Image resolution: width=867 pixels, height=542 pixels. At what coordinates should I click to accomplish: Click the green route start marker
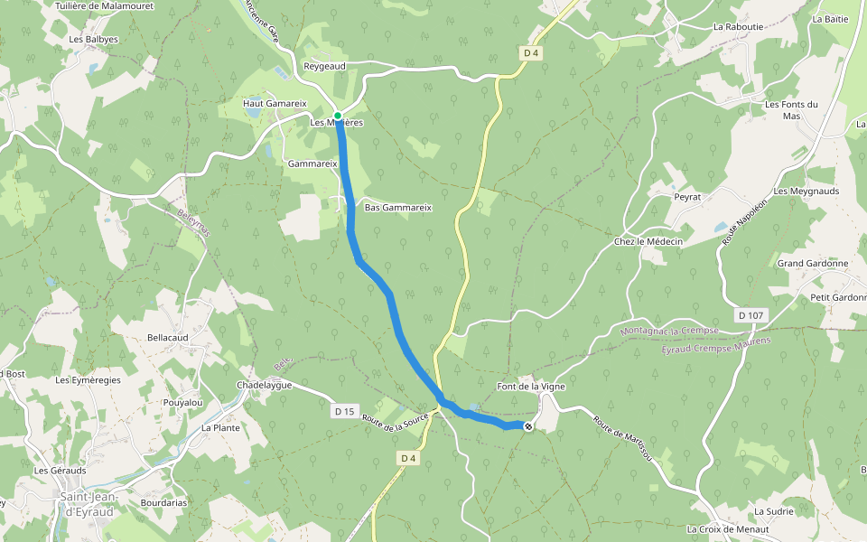337,116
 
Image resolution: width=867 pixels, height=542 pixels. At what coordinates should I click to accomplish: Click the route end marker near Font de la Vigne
528,426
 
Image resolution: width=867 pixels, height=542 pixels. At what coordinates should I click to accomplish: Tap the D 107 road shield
750,315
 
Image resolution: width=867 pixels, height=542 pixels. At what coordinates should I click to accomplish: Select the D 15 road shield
343,411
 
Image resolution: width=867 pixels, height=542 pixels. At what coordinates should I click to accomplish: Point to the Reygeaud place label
325,67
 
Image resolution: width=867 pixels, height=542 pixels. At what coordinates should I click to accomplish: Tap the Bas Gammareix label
397,207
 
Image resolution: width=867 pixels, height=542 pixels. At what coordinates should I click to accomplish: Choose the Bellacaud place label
168,337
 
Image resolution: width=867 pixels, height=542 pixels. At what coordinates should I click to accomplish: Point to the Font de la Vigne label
531,387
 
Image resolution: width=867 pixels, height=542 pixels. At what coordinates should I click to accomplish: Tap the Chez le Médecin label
648,241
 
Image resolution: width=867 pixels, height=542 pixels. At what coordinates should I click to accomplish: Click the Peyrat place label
687,195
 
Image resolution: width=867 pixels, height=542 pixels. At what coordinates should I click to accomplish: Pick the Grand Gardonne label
813,264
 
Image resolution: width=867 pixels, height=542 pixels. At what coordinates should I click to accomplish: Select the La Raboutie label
738,27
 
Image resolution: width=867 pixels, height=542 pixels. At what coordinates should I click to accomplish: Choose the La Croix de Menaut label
728,529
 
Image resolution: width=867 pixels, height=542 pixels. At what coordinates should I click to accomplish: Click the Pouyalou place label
182,402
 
